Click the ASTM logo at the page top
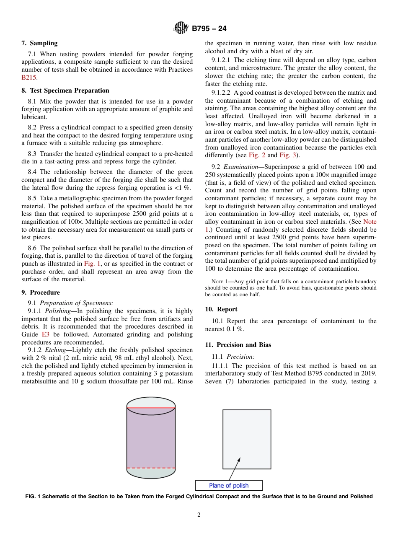click(x=181, y=28)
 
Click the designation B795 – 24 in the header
click(x=209, y=29)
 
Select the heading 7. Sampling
click(x=39, y=43)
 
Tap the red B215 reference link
click(x=29, y=78)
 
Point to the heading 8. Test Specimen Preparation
click(x=65, y=91)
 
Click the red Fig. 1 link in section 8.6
click(x=91, y=264)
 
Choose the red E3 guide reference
click(x=45, y=334)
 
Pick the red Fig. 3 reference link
click(x=287, y=155)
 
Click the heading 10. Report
click(x=221, y=309)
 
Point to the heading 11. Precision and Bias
click(x=238, y=345)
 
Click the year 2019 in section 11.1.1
click(x=368, y=373)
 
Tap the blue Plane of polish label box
click(x=229, y=486)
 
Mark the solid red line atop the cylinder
click(x=151, y=407)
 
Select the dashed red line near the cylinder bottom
click(x=151, y=468)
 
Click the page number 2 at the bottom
click(x=199, y=515)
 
